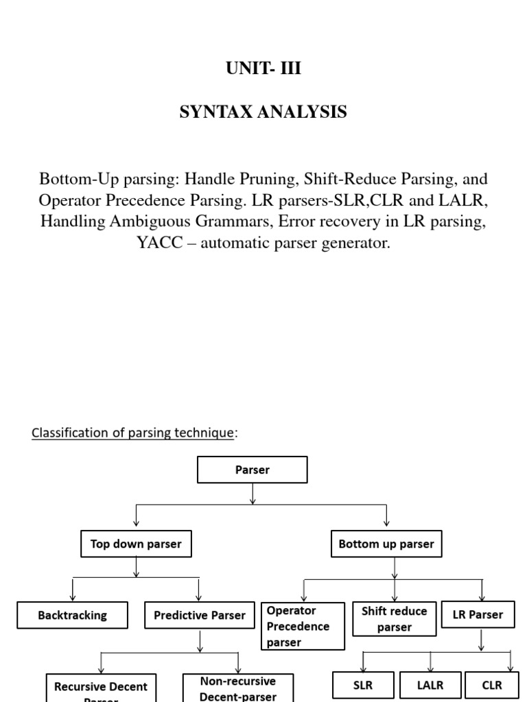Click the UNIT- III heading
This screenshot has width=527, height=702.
tap(263, 69)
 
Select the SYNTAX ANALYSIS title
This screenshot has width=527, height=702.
tap(263, 112)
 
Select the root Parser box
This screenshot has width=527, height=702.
tap(253, 470)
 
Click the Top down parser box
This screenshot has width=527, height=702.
tap(136, 544)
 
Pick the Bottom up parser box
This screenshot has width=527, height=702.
tap(386, 544)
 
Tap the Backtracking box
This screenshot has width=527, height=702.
tap(72, 616)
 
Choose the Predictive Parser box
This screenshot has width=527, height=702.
tap(199, 616)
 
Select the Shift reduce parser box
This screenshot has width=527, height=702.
tap(394, 619)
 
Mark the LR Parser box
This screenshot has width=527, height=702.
tap(478, 615)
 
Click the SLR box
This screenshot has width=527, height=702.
tap(363, 685)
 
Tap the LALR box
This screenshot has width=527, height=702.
tap(430, 685)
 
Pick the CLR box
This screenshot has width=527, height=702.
tap(492, 685)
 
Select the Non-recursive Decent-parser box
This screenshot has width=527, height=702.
tap(237, 688)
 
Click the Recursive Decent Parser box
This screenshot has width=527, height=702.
tap(101, 689)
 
